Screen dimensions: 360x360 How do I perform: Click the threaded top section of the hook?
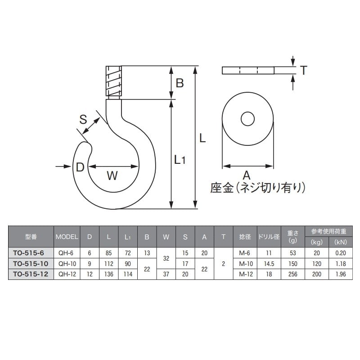113,82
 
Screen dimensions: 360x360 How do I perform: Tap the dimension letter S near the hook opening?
83,119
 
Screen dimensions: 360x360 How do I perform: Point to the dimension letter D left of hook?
80,167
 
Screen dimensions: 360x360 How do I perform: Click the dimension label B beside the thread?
180,83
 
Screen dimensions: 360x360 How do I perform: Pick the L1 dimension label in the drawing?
180,159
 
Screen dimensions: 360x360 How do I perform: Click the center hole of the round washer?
247,119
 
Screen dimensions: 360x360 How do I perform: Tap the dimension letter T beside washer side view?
304,70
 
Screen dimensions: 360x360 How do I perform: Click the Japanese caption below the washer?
258,187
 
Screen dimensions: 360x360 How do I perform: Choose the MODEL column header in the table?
67,236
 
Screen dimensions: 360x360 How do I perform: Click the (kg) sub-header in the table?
317,242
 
